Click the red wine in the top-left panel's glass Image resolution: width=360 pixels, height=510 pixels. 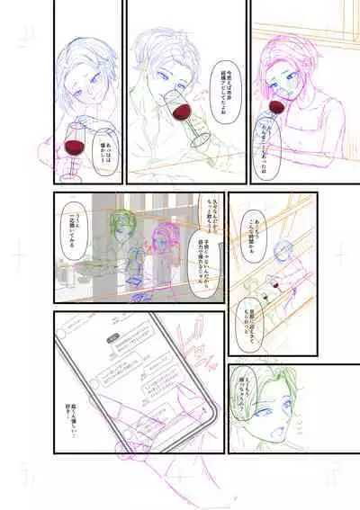tap(74, 145)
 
